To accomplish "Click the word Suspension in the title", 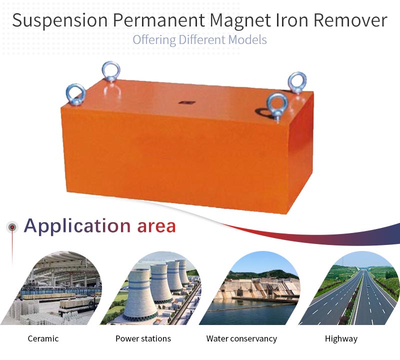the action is [59, 20].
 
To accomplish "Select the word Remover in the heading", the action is [350, 20].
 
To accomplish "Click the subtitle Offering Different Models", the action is [199, 40].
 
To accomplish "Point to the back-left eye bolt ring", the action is [111, 71].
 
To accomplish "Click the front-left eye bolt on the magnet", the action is [76, 94].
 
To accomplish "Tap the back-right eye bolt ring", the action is [297, 82].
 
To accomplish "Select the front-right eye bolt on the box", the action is [277, 105].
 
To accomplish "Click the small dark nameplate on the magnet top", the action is [186, 102].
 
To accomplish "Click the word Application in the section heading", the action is [77, 226].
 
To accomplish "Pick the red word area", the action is [156, 226].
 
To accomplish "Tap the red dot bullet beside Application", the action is [12, 227].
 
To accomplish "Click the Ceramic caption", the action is [43, 338].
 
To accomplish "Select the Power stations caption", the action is [143, 338].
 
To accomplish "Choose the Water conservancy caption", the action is [241, 339].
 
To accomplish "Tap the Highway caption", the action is [341, 339].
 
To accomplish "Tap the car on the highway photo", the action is [367, 287].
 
